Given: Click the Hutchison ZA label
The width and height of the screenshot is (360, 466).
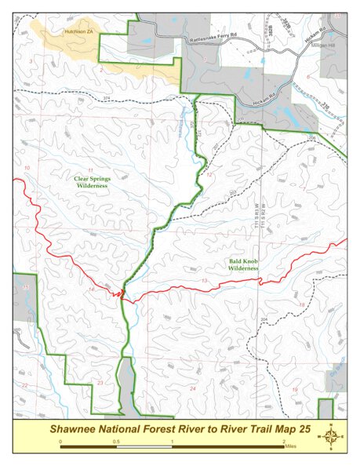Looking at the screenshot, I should [78, 31].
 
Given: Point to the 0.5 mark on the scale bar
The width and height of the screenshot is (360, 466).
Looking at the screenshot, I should [116, 442].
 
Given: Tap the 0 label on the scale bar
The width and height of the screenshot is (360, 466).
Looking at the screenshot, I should [61, 442].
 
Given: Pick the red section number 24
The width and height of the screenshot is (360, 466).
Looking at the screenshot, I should [192, 388].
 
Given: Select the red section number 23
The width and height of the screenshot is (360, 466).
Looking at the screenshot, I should [100, 383].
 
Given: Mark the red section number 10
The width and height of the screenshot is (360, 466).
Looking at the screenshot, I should [27, 169].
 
